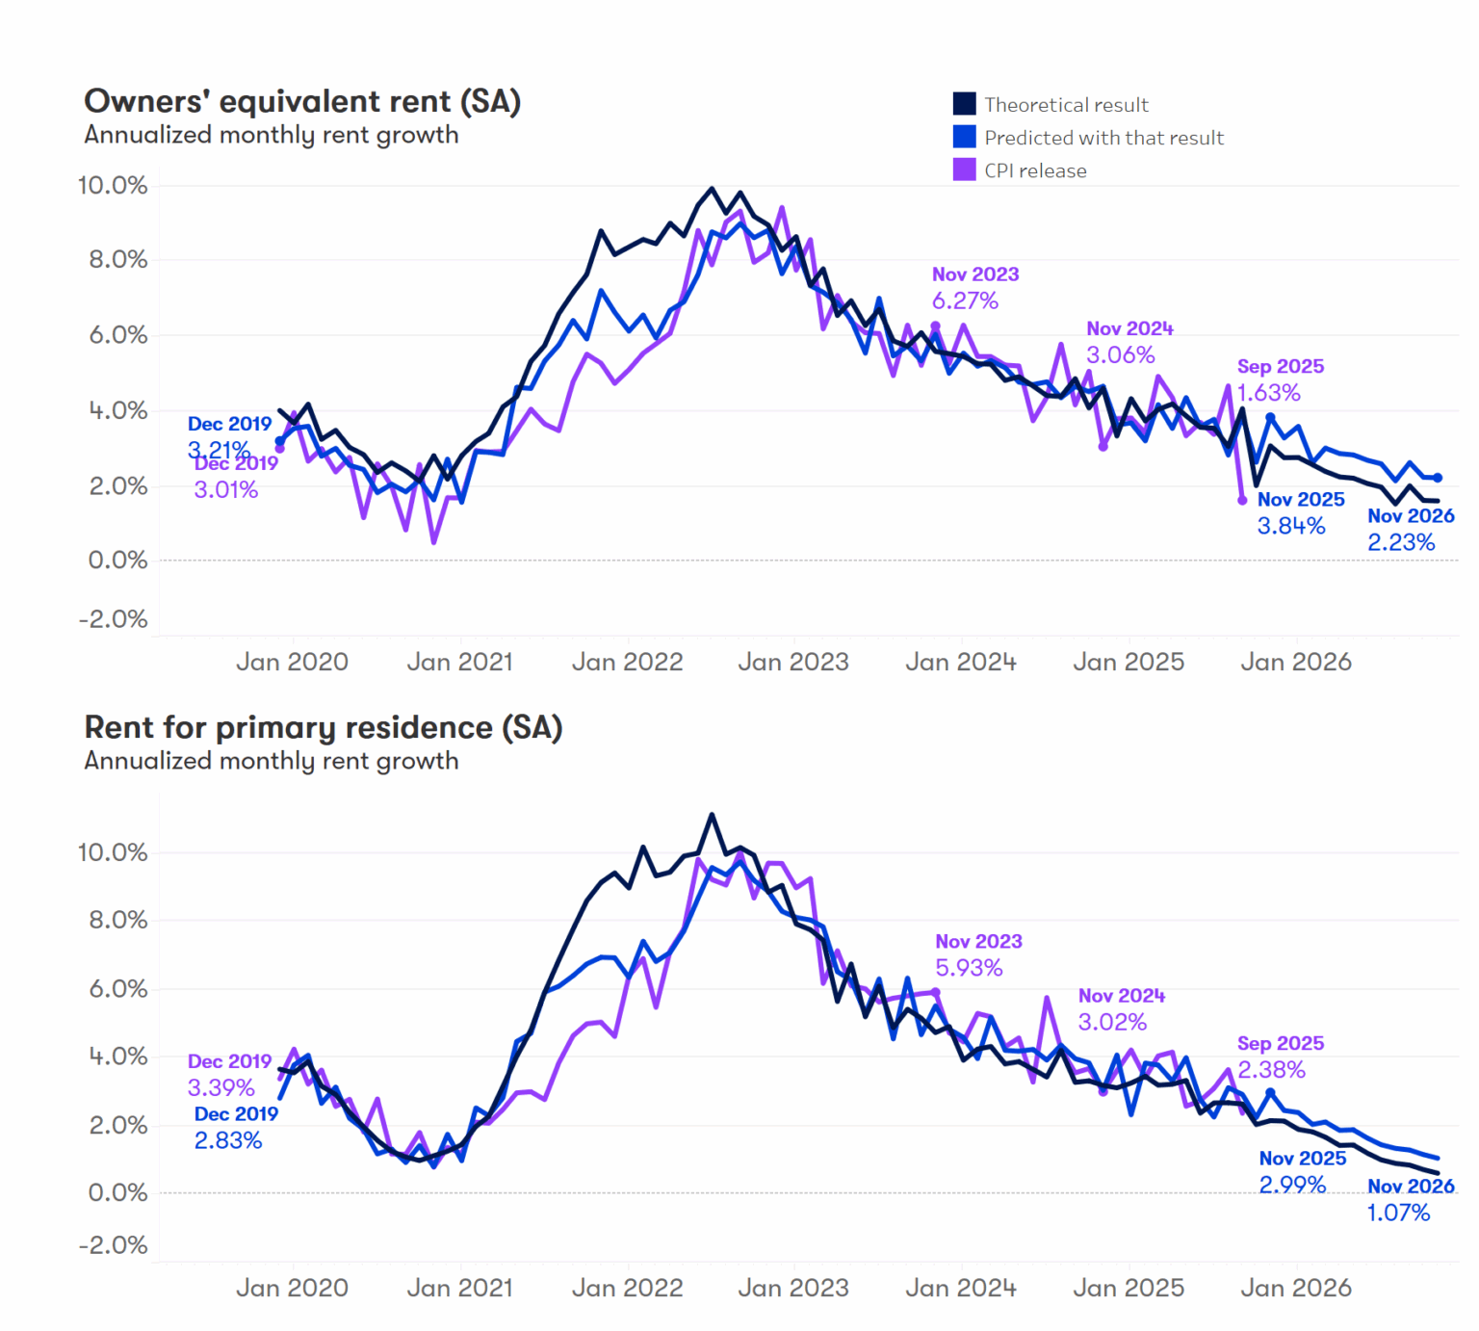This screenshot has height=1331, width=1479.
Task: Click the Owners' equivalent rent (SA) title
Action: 302,101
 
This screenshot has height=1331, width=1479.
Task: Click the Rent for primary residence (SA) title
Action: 323,727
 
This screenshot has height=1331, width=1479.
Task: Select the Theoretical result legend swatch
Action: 964,104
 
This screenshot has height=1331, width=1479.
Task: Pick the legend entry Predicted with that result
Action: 1103,138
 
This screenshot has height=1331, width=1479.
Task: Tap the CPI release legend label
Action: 1035,170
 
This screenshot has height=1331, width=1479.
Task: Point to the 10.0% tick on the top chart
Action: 113,185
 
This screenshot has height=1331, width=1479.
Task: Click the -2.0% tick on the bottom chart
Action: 113,1245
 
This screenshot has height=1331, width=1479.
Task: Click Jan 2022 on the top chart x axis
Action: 627,662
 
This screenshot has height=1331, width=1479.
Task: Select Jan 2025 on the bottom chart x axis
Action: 1129,1288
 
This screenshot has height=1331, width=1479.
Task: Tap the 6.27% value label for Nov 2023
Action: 965,300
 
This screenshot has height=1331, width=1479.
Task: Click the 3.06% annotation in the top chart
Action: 1120,354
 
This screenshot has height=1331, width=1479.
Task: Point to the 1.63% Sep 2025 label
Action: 1268,393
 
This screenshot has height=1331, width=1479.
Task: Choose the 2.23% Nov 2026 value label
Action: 1401,542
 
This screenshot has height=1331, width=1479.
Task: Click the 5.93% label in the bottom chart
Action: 969,968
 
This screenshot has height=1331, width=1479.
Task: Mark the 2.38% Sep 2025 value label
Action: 1271,1070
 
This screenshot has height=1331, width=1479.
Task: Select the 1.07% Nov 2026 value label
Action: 1398,1213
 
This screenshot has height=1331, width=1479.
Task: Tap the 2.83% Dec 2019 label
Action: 228,1140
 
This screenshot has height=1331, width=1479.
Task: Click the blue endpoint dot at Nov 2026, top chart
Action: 1438,478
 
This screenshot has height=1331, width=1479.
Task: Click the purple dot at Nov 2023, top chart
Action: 935,326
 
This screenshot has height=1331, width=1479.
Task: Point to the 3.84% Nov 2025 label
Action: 1291,526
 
